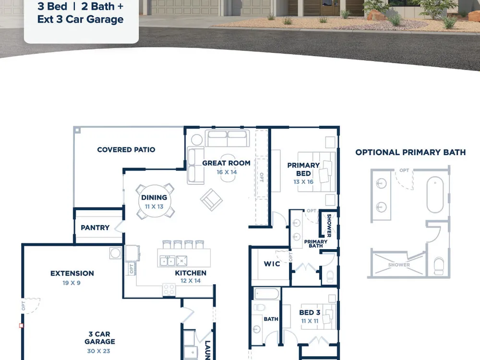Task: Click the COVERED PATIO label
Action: (126, 150)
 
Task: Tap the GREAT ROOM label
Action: (226, 163)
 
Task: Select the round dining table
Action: (155, 201)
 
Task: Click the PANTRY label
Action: (95, 228)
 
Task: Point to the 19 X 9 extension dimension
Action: (72, 283)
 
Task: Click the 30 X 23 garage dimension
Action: (98, 351)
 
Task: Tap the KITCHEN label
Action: (191, 273)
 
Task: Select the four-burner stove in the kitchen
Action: (169, 289)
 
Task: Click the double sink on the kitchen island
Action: (168, 261)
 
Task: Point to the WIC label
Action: (272, 264)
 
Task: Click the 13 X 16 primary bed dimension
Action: (303, 182)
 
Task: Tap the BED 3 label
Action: (310, 312)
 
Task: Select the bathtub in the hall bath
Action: (267, 294)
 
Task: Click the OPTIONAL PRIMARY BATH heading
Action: (410, 153)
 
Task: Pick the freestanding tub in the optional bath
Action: (435, 195)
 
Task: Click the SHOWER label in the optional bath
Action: (399, 265)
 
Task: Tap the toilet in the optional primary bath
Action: (439, 266)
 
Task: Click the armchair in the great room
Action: (211, 200)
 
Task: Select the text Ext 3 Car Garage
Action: (81, 19)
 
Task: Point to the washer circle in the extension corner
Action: (115, 253)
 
